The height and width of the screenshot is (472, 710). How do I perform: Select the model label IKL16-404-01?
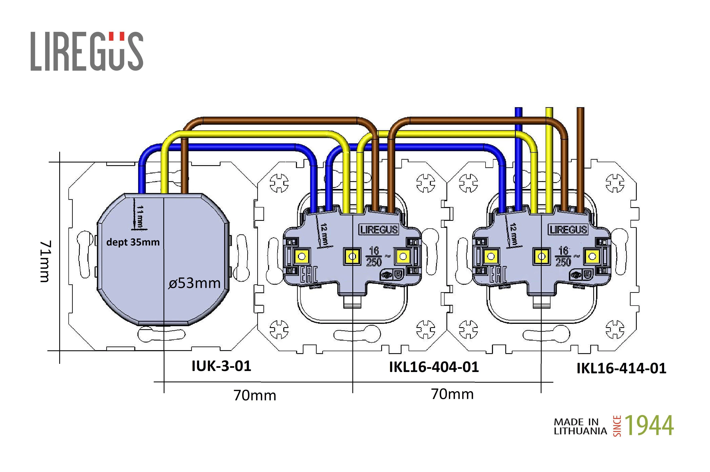tap(434, 367)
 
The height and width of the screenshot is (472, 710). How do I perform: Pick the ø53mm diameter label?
tap(195, 283)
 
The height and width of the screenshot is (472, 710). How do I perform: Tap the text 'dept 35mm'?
tap(133, 242)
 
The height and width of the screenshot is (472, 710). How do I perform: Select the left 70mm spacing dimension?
tap(255, 395)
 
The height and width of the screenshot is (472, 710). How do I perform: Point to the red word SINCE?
tap(617, 426)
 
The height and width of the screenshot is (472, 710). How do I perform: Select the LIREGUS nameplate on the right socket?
tap(568, 230)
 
